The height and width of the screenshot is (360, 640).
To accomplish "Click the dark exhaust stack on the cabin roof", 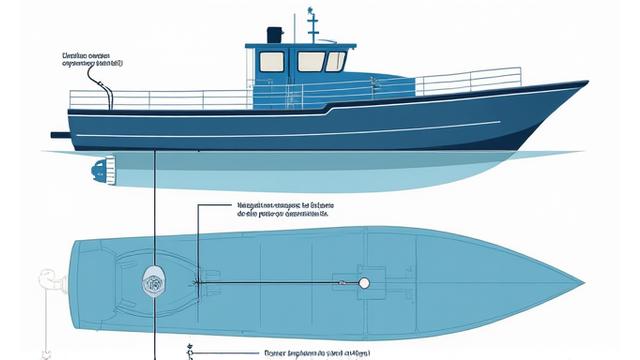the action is click(x=276, y=35).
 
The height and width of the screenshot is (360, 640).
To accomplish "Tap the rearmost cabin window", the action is click(x=272, y=62).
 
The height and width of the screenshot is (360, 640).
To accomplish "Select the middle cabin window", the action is click(x=310, y=62).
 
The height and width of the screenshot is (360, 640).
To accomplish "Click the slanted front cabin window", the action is click(x=336, y=62).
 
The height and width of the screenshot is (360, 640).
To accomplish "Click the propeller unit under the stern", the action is click(x=99, y=171).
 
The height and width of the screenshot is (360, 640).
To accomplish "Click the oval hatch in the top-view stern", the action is click(x=154, y=281).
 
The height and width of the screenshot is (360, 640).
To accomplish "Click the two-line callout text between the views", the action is click(x=285, y=207).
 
